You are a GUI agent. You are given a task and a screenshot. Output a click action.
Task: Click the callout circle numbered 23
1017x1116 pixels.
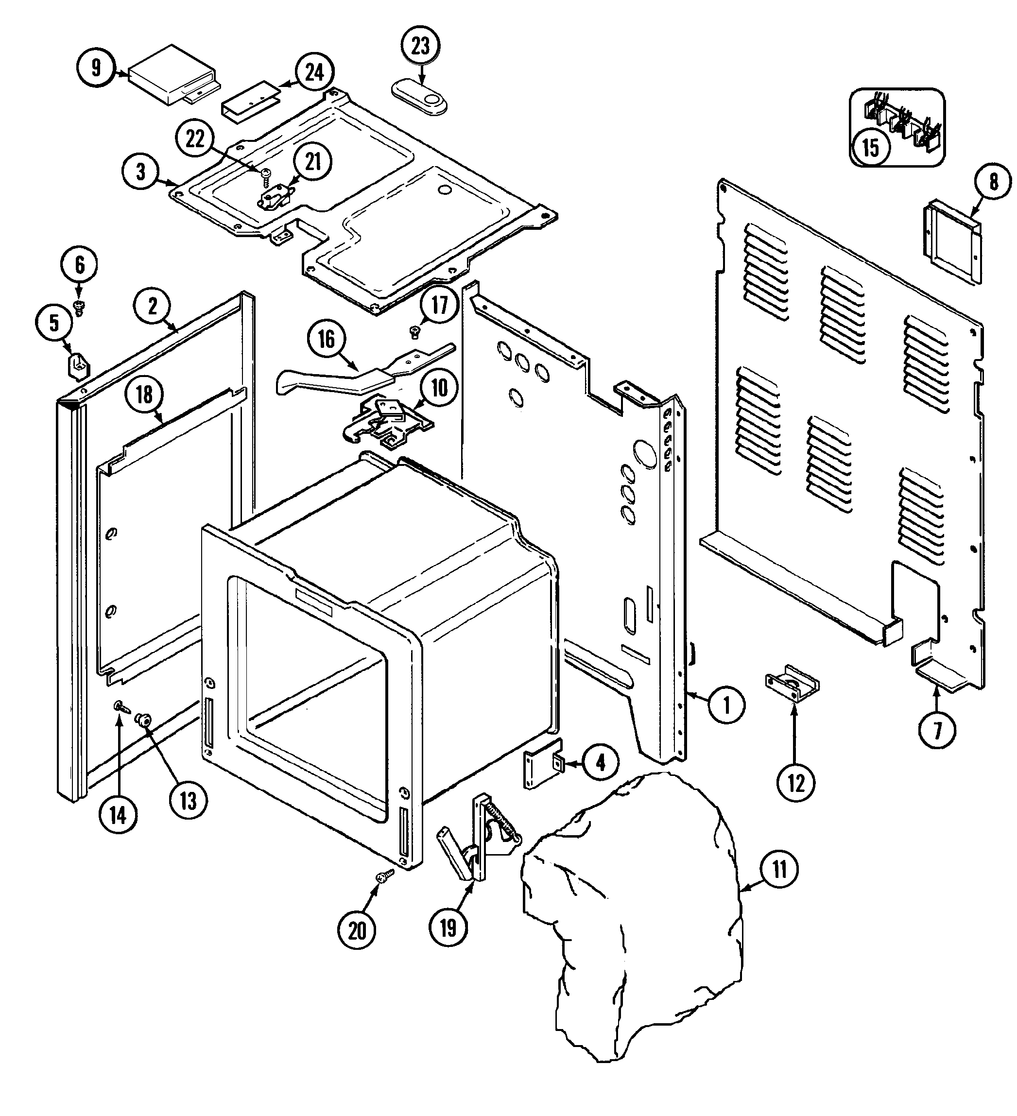pyautogui.click(x=420, y=46)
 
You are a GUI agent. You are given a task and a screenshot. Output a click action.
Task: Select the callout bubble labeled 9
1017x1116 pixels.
pyautogui.click(x=96, y=68)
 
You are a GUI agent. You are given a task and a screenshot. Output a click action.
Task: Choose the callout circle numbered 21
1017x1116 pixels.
pyautogui.click(x=313, y=162)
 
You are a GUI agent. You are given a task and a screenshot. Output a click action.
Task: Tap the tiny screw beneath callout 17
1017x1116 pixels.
pyautogui.click(x=414, y=331)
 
